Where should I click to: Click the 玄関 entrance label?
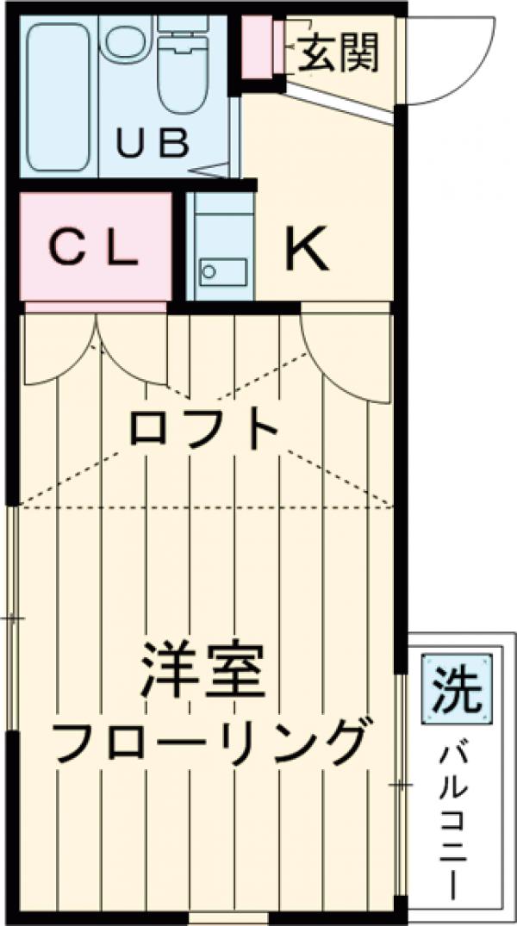pos(339,55)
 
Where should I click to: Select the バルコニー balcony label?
pos(454,818)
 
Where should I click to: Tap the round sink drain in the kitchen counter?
pos(208,272)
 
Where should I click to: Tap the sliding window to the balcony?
pos(402,784)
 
